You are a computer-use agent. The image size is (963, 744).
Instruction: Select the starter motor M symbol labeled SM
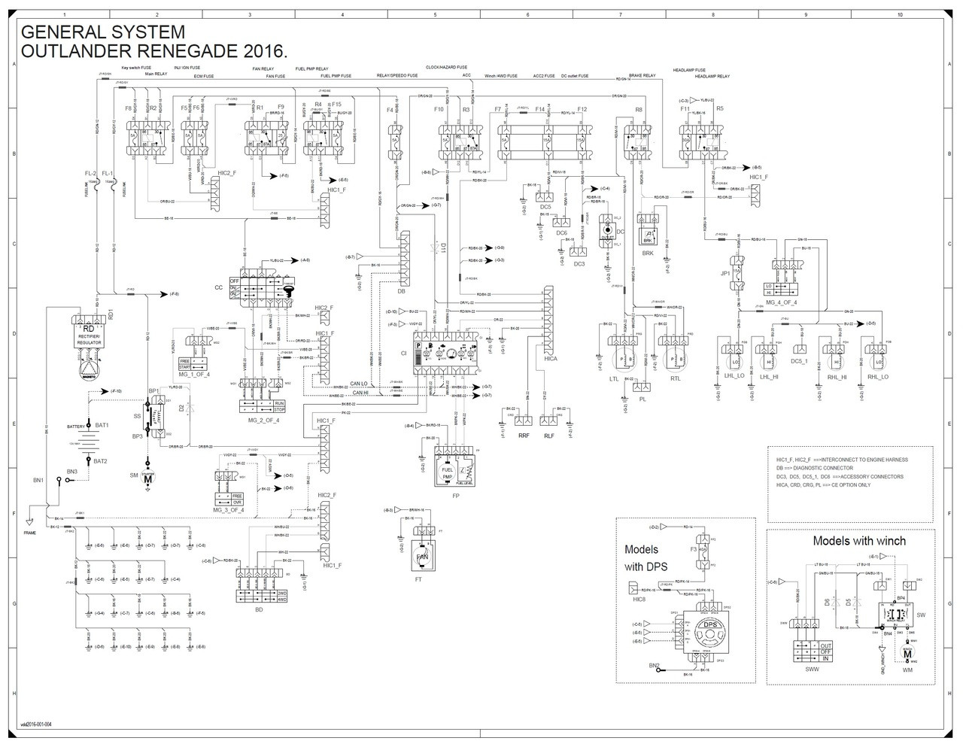pyautogui.click(x=148, y=478)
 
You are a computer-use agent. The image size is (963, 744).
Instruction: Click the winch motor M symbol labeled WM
pyautogui.click(x=907, y=651)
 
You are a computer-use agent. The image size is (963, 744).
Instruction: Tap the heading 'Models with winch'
pyautogui.click(x=859, y=541)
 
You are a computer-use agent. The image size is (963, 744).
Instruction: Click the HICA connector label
pyautogui.click(x=551, y=360)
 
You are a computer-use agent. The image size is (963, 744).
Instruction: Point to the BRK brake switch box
pyautogui.click(x=647, y=235)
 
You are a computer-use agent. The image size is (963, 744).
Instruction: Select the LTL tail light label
pyautogui.click(x=614, y=379)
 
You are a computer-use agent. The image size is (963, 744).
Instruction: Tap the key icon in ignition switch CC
pyautogui.click(x=289, y=290)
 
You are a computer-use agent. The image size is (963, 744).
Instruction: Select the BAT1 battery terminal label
pyautogui.click(x=102, y=425)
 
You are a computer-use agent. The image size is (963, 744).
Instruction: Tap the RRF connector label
pyautogui.click(x=522, y=435)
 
